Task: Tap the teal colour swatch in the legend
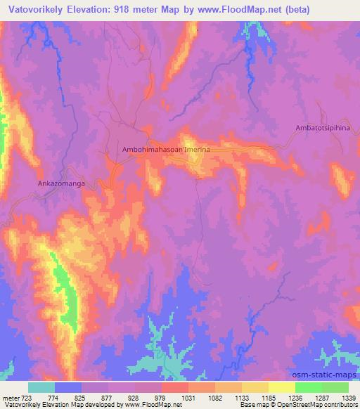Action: (42, 387)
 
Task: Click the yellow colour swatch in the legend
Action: (281, 387)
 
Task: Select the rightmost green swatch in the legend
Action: (335, 387)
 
